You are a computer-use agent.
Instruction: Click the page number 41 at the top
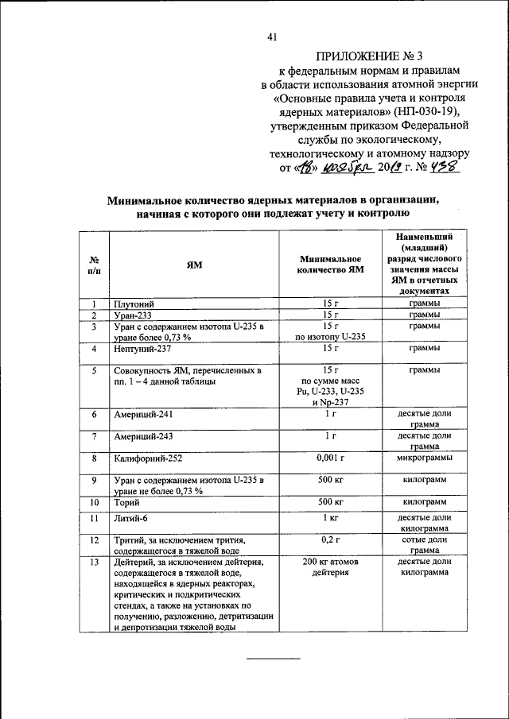tap(273, 37)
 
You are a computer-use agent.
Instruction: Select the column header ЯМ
tap(194, 265)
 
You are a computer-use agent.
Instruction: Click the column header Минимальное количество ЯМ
tap(332, 265)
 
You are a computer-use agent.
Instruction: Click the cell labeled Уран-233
tap(134, 315)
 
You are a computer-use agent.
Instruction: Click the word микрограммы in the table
tap(425, 458)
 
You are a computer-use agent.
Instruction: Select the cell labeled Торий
tap(127, 503)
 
